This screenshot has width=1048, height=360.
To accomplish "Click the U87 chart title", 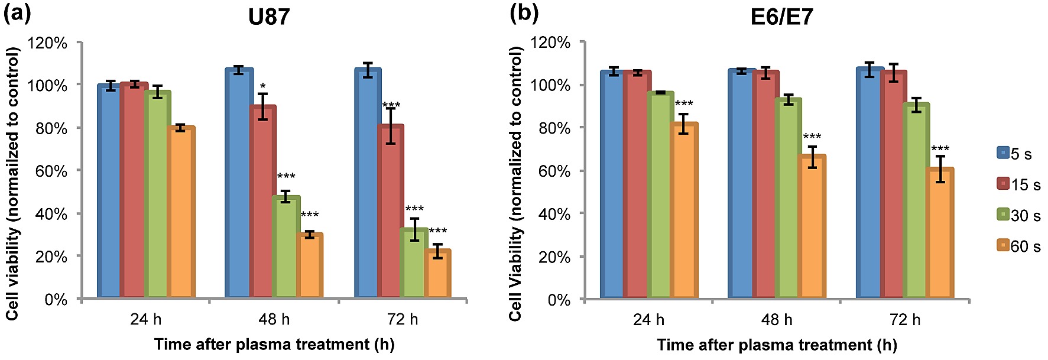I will click(269, 17).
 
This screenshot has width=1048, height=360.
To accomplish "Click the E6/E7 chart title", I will click(781, 17).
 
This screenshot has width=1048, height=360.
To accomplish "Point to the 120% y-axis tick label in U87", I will click(48, 43).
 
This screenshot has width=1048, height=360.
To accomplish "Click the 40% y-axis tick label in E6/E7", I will click(554, 214).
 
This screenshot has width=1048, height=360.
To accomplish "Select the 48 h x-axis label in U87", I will click(274, 320).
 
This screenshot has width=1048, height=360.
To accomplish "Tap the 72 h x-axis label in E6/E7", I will click(904, 320).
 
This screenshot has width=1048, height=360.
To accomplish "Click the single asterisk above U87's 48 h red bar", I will click(262, 87).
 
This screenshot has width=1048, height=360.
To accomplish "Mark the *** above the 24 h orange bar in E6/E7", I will click(684, 105).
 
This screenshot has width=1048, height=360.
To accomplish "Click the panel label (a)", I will click(17, 13).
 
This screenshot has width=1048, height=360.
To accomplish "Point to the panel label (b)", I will click(524, 13).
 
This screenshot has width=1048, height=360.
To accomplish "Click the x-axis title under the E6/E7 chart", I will click(776, 345).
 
